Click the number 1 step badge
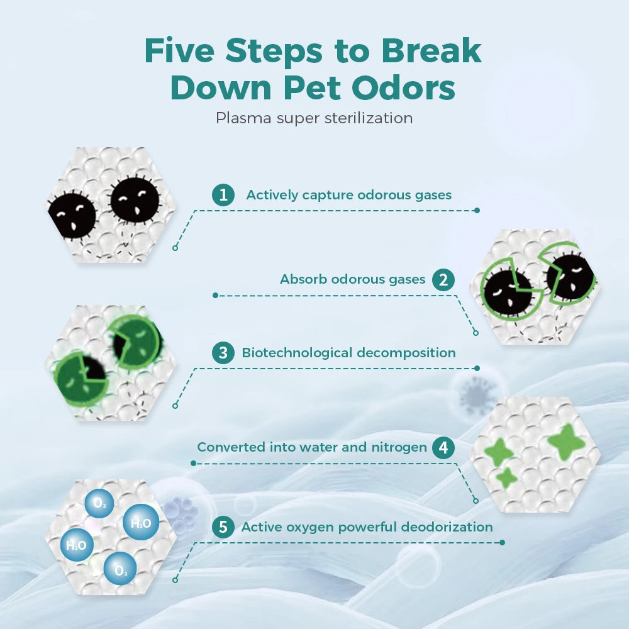click(x=223, y=195)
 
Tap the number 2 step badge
click(x=443, y=280)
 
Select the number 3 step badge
click(x=223, y=353)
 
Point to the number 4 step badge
click(x=443, y=447)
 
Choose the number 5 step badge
click(x=223, y=526)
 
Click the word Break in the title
click(x=431, y=50)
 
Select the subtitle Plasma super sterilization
click(x=314, y=118)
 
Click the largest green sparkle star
click(x=567, y=442)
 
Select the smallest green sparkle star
click(x=506, y=477)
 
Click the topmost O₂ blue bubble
click(x=99, y=503)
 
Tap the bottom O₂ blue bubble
click(x=120, y=569)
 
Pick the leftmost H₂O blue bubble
click(x=77, y=545)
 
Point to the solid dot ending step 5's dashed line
click(x=502, y=542)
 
